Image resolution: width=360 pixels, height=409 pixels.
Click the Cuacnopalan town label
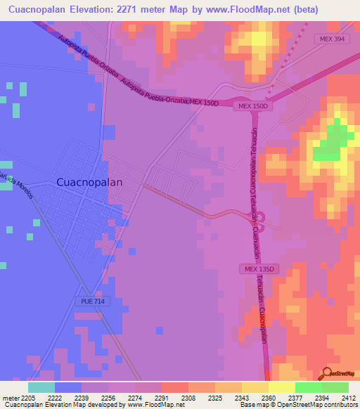click(x=89, y=181)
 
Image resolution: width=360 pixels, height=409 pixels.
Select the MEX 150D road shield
click(x=253, y=106)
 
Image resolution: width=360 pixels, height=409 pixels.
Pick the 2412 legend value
click(x=349, y=398)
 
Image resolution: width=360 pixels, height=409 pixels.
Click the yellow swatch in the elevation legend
click(x=281, y=387)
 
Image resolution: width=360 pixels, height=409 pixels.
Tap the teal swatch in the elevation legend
click(x=41, y=387)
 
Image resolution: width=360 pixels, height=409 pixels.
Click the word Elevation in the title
click(x=94, y=10)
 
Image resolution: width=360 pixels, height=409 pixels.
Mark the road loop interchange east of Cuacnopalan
click(x=259, y=223)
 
